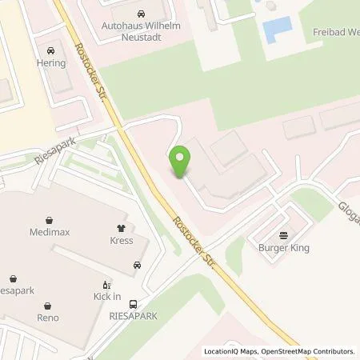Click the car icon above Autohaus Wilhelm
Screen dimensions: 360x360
click(x=141, y=14)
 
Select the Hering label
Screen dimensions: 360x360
click(x=51, y=62)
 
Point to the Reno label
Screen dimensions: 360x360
click(x=48, y=318)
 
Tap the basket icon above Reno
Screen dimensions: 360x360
click(x=48, y=305)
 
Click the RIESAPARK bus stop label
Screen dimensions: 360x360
click(x=133, y=316)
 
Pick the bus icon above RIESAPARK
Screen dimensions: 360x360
click(x=133, y=303)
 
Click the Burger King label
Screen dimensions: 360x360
click(x=282, y=248)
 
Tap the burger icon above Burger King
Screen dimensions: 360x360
click(x=282, y=235)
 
